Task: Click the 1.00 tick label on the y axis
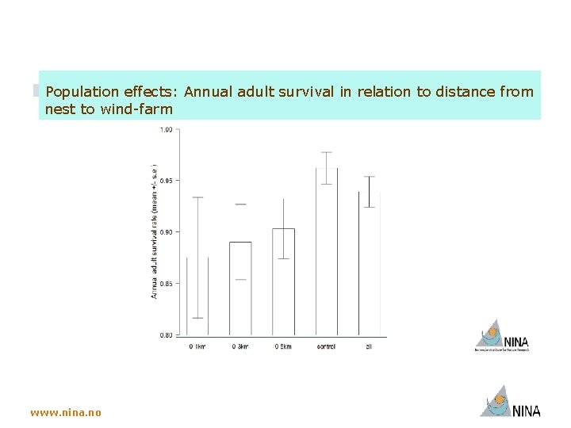click(166, 130)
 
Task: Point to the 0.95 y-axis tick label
click(166, 181)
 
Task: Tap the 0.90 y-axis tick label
click(166, 232)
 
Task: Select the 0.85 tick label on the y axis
click(166, 283)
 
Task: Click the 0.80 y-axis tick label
click(166, 334)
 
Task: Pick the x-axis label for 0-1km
click(197, 346)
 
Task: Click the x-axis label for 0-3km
click(240, 346)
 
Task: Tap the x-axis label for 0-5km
click(283, 346)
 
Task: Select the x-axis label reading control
click(326, 346)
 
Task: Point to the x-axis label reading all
click(369, 346)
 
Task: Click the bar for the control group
click(327, 254)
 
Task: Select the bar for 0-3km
click(240, 289)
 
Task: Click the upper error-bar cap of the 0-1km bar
click(197, 197)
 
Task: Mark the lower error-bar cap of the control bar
click(327, 184)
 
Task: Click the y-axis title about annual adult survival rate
click(155, 231)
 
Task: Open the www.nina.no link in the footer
click(66, 412)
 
